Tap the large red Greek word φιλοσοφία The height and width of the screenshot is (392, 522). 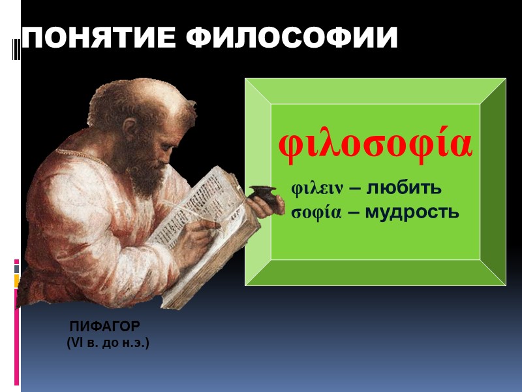(375, 145)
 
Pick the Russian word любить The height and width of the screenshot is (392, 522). (404, 188)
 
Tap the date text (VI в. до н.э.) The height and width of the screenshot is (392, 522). (108, 342)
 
